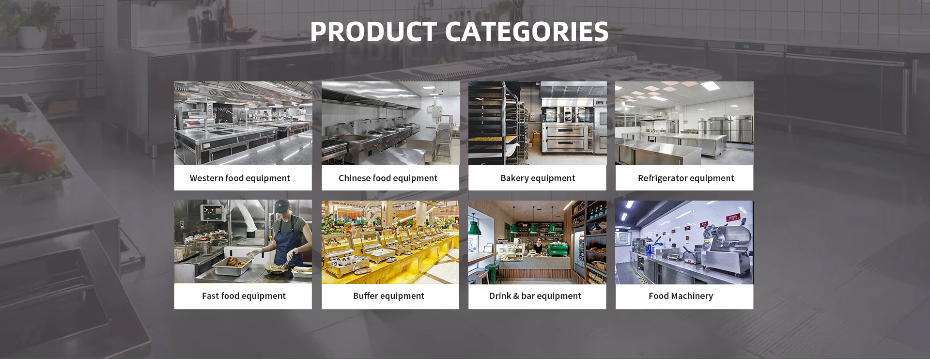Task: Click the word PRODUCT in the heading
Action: coord(373,32)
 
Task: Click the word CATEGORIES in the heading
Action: coord(527,32)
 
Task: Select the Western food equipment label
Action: coord(240,178)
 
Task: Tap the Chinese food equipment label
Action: coord(388,178)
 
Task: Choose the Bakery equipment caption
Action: coord(538,178)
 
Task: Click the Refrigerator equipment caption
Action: coord(686,178)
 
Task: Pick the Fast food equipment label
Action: coord(244,296)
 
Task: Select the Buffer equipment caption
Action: coord(388,296)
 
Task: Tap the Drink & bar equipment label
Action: coord(535,296)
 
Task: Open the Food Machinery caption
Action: coord(681,296)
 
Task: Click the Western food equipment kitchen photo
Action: coord(243,123)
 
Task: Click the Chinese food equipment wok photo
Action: coord(390,123)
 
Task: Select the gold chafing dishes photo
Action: coord(390,242)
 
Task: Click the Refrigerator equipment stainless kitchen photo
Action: coord(684,123)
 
